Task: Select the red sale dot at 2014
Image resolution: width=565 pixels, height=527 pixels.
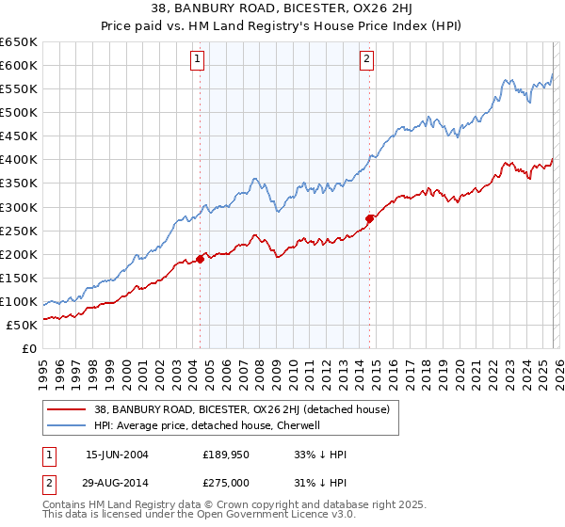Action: [x=370, y=217]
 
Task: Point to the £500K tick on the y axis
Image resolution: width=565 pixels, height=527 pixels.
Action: [x=20, y=112]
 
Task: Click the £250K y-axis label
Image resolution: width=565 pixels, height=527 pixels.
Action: [x=20, y=231]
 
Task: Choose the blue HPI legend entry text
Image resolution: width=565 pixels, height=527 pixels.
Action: [x=207, y=425]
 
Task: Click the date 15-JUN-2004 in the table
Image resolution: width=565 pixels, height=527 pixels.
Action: [x=117, y=454]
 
